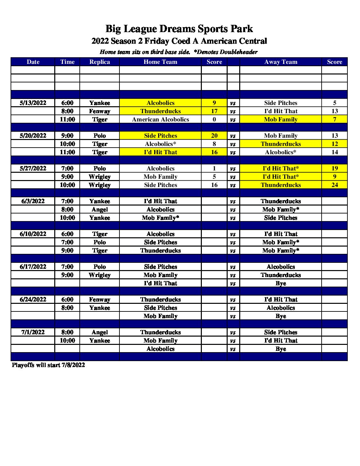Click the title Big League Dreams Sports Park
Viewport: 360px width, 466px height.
coord(179,29)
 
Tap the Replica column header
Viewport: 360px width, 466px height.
coord(100,62)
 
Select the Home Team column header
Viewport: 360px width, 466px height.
coord(160,62)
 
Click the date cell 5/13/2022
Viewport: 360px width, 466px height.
coord(33,103)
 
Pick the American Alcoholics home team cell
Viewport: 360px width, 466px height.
coord(160,119)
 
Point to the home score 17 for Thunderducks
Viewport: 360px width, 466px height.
coord(214,111)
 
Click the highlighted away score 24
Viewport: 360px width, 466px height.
coord(335,185)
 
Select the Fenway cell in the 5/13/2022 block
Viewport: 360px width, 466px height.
coord(100,111)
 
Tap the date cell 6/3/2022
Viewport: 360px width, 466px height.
coord(33,201)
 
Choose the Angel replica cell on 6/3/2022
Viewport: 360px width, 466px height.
coord(100,210)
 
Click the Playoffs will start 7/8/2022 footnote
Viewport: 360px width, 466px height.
coord(48,365)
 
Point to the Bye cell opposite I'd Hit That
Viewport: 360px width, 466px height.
coord(281,283)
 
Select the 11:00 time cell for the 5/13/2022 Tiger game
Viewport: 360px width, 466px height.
coord(67,119)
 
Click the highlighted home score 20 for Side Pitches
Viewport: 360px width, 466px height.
coord(214,136)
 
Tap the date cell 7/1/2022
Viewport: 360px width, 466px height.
coord(33,332)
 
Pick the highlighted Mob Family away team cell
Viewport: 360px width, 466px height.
coord(281,119)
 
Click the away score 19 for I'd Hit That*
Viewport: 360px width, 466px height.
coord(335,168)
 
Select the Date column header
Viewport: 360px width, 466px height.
coord(33,62)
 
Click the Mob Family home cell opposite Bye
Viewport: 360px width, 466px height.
coord(160,316)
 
